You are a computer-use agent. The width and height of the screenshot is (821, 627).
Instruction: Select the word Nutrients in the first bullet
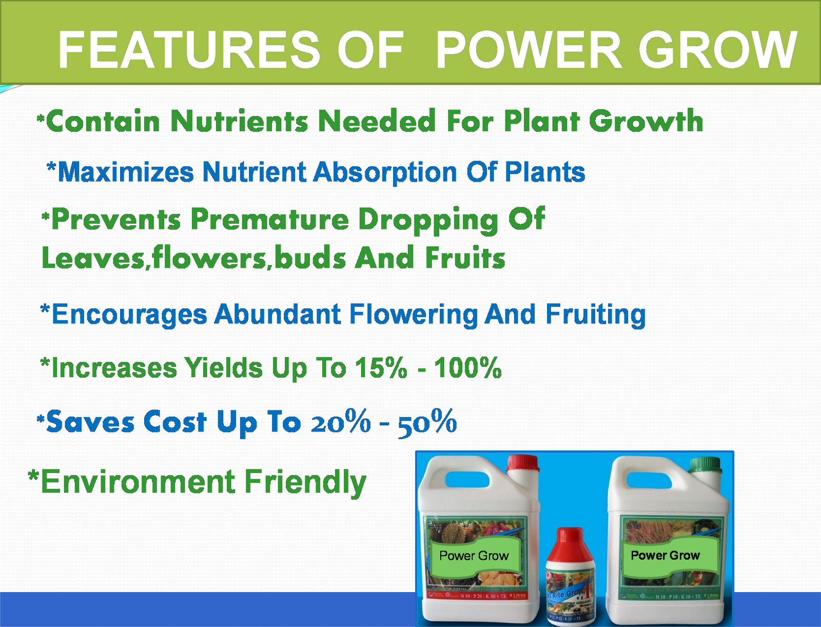tap(239, 122)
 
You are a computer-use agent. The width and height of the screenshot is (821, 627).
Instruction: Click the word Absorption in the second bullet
tap(385, 172)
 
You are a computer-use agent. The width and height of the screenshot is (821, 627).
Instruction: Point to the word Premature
tap(269, 220)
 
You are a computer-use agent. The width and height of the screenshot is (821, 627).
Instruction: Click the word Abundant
tap(278, 314)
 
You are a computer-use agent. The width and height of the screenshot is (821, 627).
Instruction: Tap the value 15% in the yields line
tap(381, 368)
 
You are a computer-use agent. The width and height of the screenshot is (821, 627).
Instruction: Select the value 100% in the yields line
tap(468, 368)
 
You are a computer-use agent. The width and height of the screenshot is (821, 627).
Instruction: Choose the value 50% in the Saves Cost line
tap(427, 423)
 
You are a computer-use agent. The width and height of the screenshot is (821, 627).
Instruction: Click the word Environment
tap(138, 482)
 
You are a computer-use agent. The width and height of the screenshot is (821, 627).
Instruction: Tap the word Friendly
tap(305, 483)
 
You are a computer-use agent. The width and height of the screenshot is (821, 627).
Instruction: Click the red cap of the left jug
tap(522, 463)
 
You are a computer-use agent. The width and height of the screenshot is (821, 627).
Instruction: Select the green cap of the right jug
tap(705, 465)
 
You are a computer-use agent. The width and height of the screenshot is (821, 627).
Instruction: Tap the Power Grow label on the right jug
tap(665, 556)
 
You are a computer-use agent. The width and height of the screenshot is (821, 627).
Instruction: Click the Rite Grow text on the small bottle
tap(568, 594)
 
